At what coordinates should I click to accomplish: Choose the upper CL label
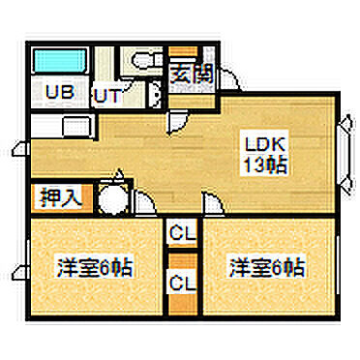[180, 232]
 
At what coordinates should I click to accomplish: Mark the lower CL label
[180, 283]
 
